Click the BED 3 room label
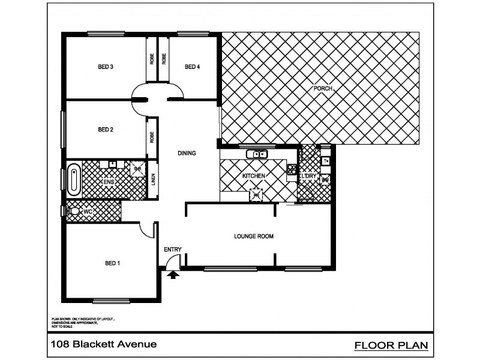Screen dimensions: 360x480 (x=106, y=67)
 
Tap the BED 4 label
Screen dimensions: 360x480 (x=192, y=67)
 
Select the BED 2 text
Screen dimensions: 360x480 (x=106, y=130)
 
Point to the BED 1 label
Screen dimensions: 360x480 (x=112, y=263)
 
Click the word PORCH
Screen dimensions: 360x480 (x=323, y=89)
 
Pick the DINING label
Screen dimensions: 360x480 (x=187, y=153)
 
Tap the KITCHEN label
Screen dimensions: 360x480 (x=253, y=176)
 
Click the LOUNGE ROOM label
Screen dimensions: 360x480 (x=253, y=236)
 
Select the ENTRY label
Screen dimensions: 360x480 (x=172, y=250)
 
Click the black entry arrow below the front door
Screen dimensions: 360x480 (x=174, y=275)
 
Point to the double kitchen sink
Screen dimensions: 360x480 (x=259, y=154)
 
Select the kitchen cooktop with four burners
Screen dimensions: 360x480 (x=292, y=172)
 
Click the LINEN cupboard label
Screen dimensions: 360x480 (x=153, y=180)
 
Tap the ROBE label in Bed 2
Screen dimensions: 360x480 (x=152, y=137)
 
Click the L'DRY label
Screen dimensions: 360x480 (x=308, y=176)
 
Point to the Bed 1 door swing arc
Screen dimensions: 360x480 (x=146, y=230)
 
